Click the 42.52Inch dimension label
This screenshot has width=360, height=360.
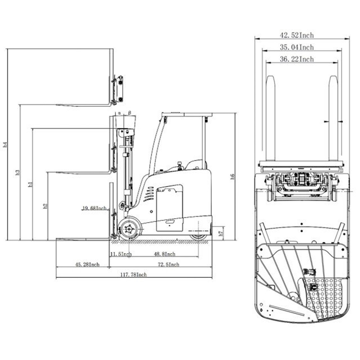tap(297, 35)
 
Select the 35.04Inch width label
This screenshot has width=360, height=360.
tap(297, 47)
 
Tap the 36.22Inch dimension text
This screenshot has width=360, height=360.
tap(297, 59)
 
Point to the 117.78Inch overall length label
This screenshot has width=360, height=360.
tap(134, 275)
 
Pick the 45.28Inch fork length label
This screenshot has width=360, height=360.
tap(87, 265)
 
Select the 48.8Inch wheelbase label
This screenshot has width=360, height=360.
tap(165, 254)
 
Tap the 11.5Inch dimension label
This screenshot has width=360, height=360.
tap(121, 254)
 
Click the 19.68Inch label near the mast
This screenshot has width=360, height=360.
tap(95, 208)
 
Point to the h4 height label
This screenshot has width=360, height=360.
tap(5, 145)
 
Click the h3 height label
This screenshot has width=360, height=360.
tap(18, 172)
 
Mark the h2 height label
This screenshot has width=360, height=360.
tap(45, 206)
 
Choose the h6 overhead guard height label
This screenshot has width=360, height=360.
tap(232, 176)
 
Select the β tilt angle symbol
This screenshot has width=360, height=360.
tap(129, 113)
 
